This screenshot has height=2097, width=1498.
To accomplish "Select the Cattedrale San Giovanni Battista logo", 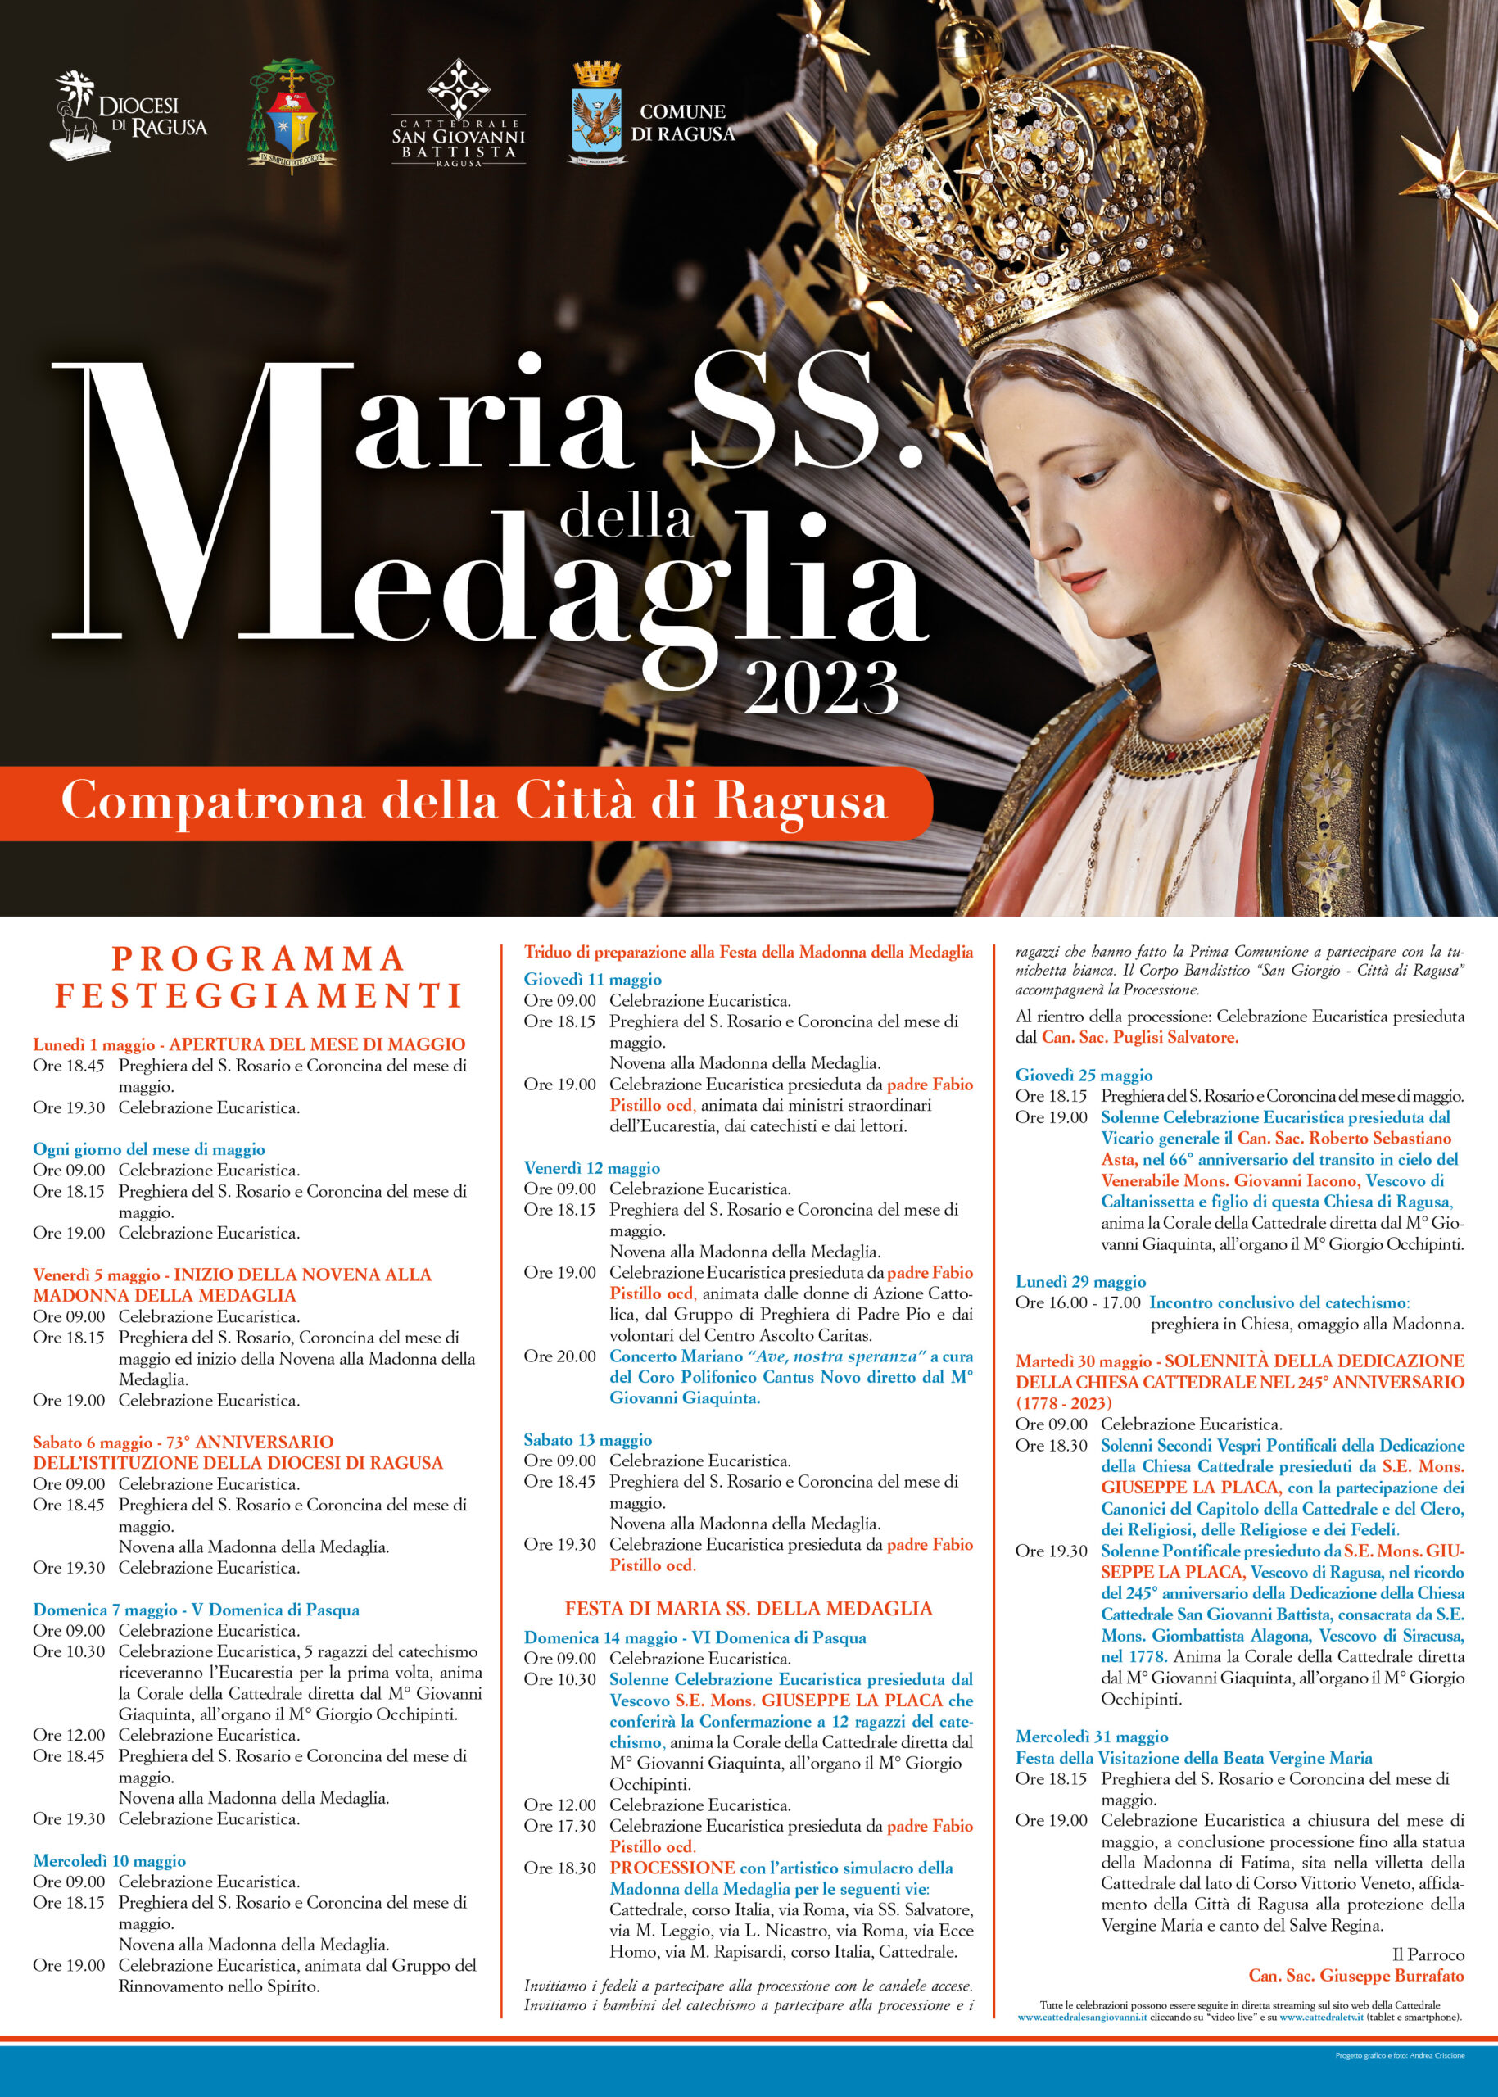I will coord(459,115).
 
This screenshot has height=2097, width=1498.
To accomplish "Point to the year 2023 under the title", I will coord(821,687).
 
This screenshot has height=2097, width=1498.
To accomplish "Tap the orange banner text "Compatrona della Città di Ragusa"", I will coord(473,801).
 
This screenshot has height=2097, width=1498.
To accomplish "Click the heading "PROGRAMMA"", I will coord(258,958).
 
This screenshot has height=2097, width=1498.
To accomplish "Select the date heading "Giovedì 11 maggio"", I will coord(592,979).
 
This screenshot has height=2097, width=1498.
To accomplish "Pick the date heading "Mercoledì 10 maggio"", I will coord(109,1861).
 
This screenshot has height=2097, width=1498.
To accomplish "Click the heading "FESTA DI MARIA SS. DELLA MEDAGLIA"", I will coord(748,1608).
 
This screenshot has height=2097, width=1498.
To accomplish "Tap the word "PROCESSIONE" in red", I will coord(672,1868).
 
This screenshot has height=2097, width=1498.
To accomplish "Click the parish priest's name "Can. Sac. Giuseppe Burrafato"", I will coord(1356,1975).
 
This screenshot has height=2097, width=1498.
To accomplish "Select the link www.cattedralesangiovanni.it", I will coord(1082,2018).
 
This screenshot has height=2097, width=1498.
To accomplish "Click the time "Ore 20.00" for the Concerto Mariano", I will coord(559,1356).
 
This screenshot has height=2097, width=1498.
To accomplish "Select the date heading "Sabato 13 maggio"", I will coord(587,1439).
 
